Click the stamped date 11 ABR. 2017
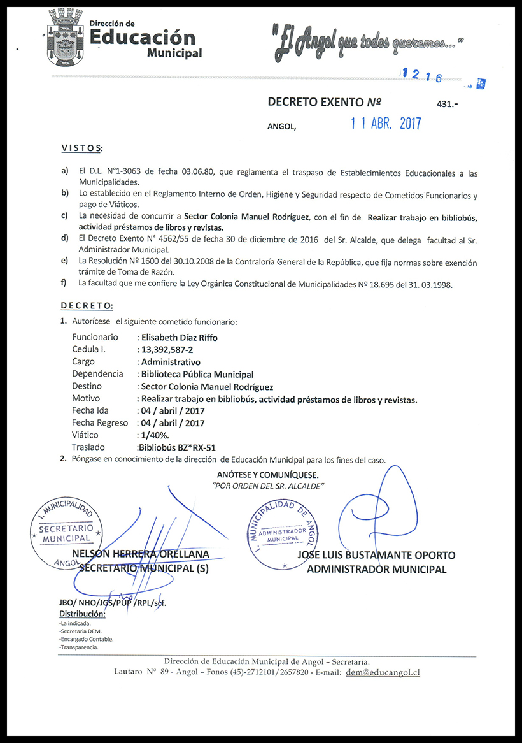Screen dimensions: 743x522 (x=386, y=124)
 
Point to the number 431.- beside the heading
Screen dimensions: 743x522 (x=448, y=103)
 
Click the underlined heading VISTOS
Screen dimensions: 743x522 (x=81, y=148)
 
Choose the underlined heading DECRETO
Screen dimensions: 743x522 (x=87, y=306)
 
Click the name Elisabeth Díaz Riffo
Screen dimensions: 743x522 (x=180, y=338)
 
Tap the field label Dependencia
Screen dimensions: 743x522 (x=97, y=374)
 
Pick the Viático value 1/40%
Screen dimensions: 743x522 (x=155, y=435)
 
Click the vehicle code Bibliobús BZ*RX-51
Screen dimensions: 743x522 (x=173, y=447)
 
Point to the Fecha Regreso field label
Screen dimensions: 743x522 (x=99, y=422)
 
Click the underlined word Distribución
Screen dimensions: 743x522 (x=82, y=614)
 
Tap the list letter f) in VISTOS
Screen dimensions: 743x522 (x=64, y=282)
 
